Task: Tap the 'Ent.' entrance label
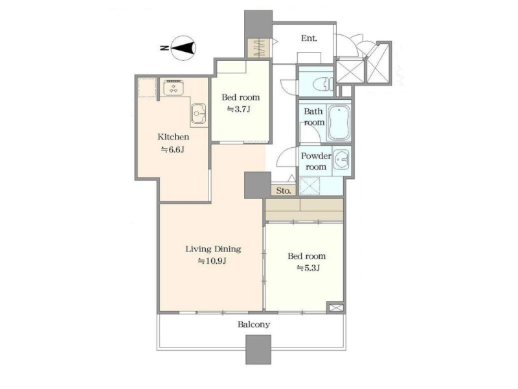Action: coord(309,38)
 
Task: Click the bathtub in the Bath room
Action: coord(338,123)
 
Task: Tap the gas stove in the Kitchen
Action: coord(174,88)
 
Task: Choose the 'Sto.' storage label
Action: coord(284,191)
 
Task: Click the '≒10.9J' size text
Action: coord(212,261)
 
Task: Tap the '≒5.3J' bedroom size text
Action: coord(308,268)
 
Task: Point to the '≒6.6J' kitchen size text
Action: coord(172,150)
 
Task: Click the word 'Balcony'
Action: coord(254,325)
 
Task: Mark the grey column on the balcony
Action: coord(258,349)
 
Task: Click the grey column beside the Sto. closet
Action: coord(257,185)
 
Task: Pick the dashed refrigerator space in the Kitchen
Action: coord(147,88)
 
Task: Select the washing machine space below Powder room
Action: coord(310,185)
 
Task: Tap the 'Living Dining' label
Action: coord(213,249)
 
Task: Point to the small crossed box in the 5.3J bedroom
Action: coord(335,308)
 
